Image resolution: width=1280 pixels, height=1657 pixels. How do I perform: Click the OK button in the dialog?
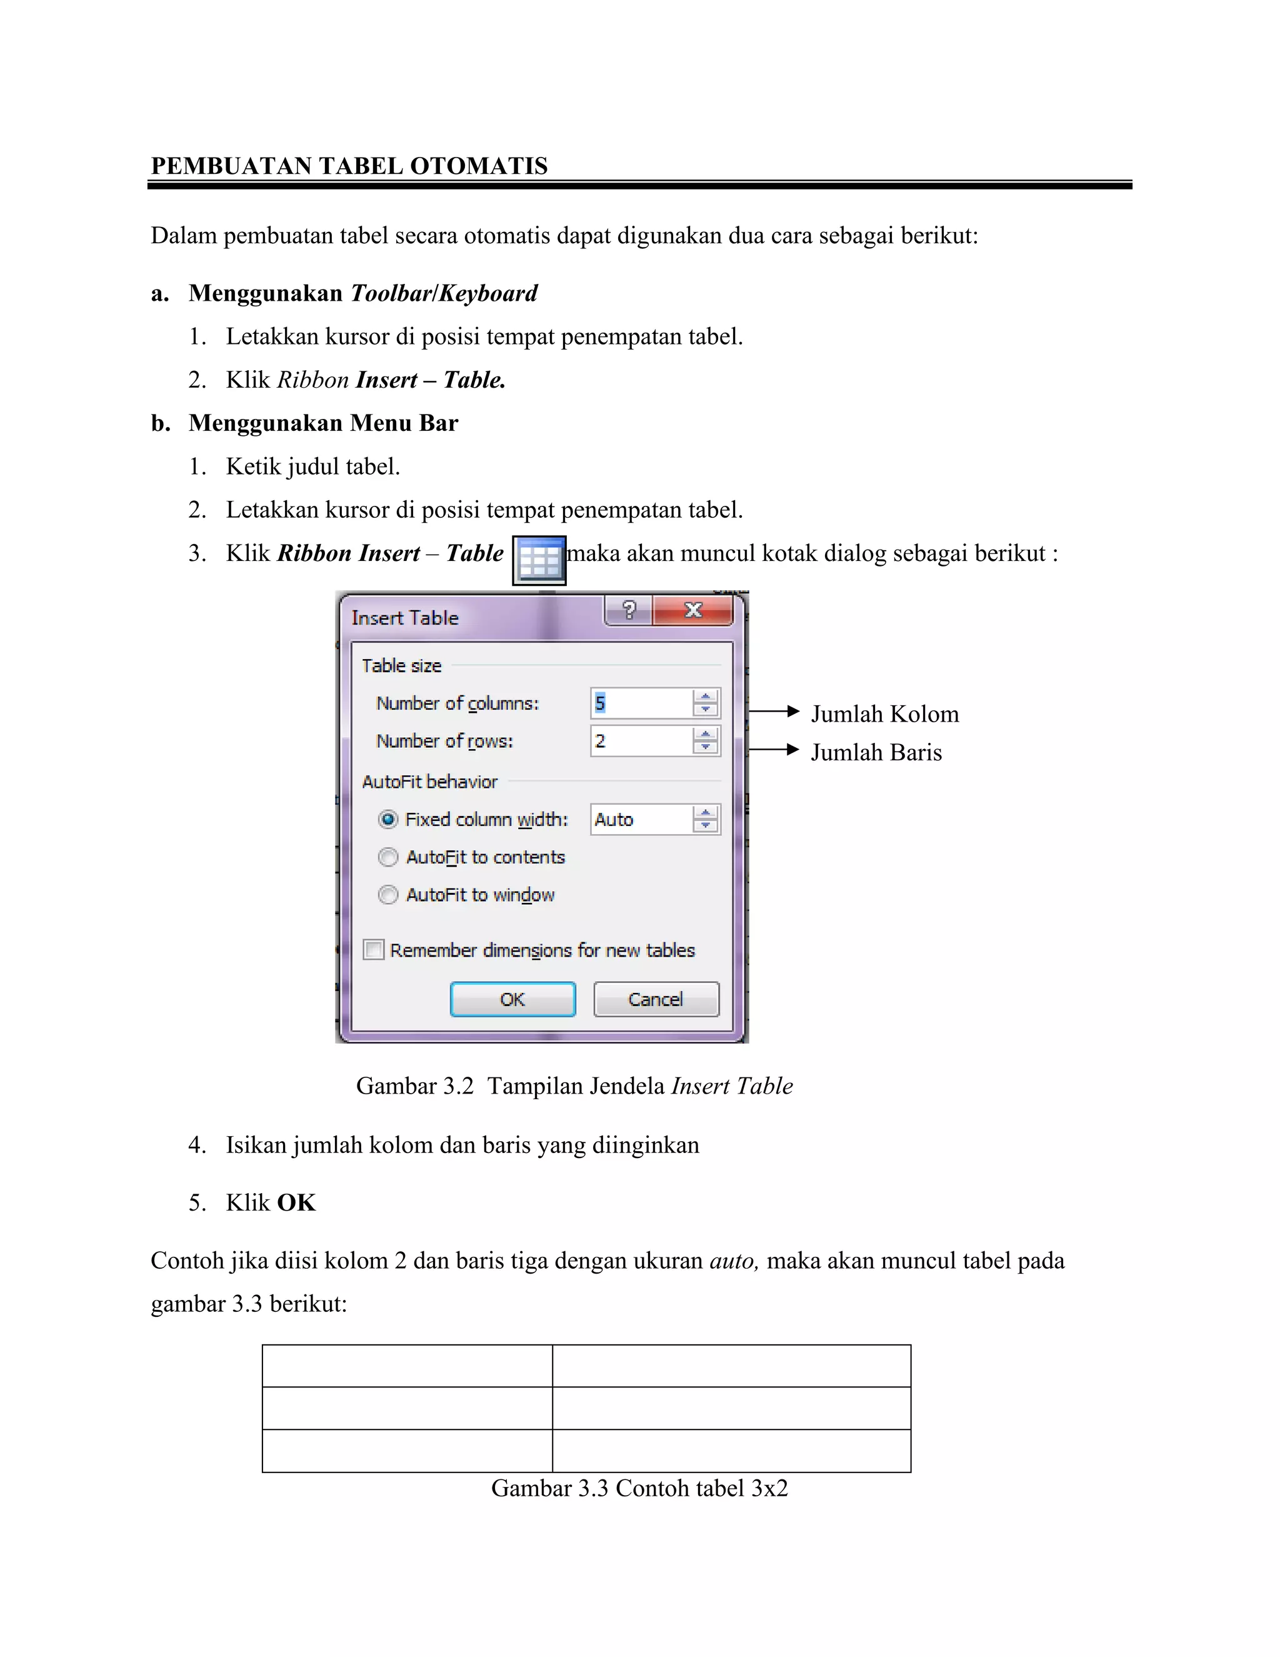point(512,999)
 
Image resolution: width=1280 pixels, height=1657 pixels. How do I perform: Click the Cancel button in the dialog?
point(656,999)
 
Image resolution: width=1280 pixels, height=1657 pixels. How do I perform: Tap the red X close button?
point(693,610)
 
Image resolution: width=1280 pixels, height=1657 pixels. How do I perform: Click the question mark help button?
point(629,610)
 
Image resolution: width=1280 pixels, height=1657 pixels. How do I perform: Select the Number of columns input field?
point(641,703)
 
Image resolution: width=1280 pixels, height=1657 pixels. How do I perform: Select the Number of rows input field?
point(641,741)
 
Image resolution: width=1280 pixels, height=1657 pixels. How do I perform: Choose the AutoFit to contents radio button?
point(388,857)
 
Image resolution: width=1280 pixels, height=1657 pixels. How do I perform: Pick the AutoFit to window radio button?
point(388,895)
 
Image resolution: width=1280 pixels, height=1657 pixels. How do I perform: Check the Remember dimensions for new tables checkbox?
point(374,950)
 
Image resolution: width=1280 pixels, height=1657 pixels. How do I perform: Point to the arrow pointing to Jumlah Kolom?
point(774,712)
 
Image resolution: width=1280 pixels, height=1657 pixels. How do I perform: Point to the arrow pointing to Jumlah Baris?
point(774,750)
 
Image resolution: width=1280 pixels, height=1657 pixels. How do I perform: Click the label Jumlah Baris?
point(876,753)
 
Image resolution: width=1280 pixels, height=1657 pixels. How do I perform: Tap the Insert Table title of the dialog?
point(405,618)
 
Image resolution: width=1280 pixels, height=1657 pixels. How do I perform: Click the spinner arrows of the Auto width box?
point(705,819)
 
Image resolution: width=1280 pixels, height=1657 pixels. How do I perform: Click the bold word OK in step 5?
point(296,1202)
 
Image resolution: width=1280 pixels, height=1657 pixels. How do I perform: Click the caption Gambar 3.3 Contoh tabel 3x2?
point(639,1489)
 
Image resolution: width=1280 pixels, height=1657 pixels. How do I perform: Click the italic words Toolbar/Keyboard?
point(444,293)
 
